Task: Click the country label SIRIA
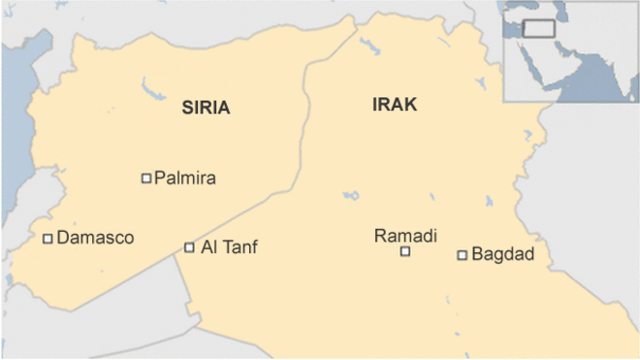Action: [206, 109]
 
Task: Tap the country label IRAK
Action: [394, 105]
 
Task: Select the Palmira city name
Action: [185, 179]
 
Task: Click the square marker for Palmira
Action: [146, 178]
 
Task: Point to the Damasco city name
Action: [96, 238]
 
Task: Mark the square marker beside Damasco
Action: [48, 238]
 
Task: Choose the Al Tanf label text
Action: [229, 247]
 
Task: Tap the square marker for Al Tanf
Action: [189, 247]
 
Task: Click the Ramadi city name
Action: [405, 236]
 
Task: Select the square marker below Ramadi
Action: [405, 252]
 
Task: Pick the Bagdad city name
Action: [503, 255]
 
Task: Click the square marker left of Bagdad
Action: [463, 255]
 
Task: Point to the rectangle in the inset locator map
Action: [537, 28]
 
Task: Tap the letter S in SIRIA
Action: [187, 109]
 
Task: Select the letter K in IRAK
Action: [411, 105]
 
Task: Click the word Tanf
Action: [240, 247]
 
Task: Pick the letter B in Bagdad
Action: [476, 255]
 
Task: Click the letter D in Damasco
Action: [64, 238]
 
